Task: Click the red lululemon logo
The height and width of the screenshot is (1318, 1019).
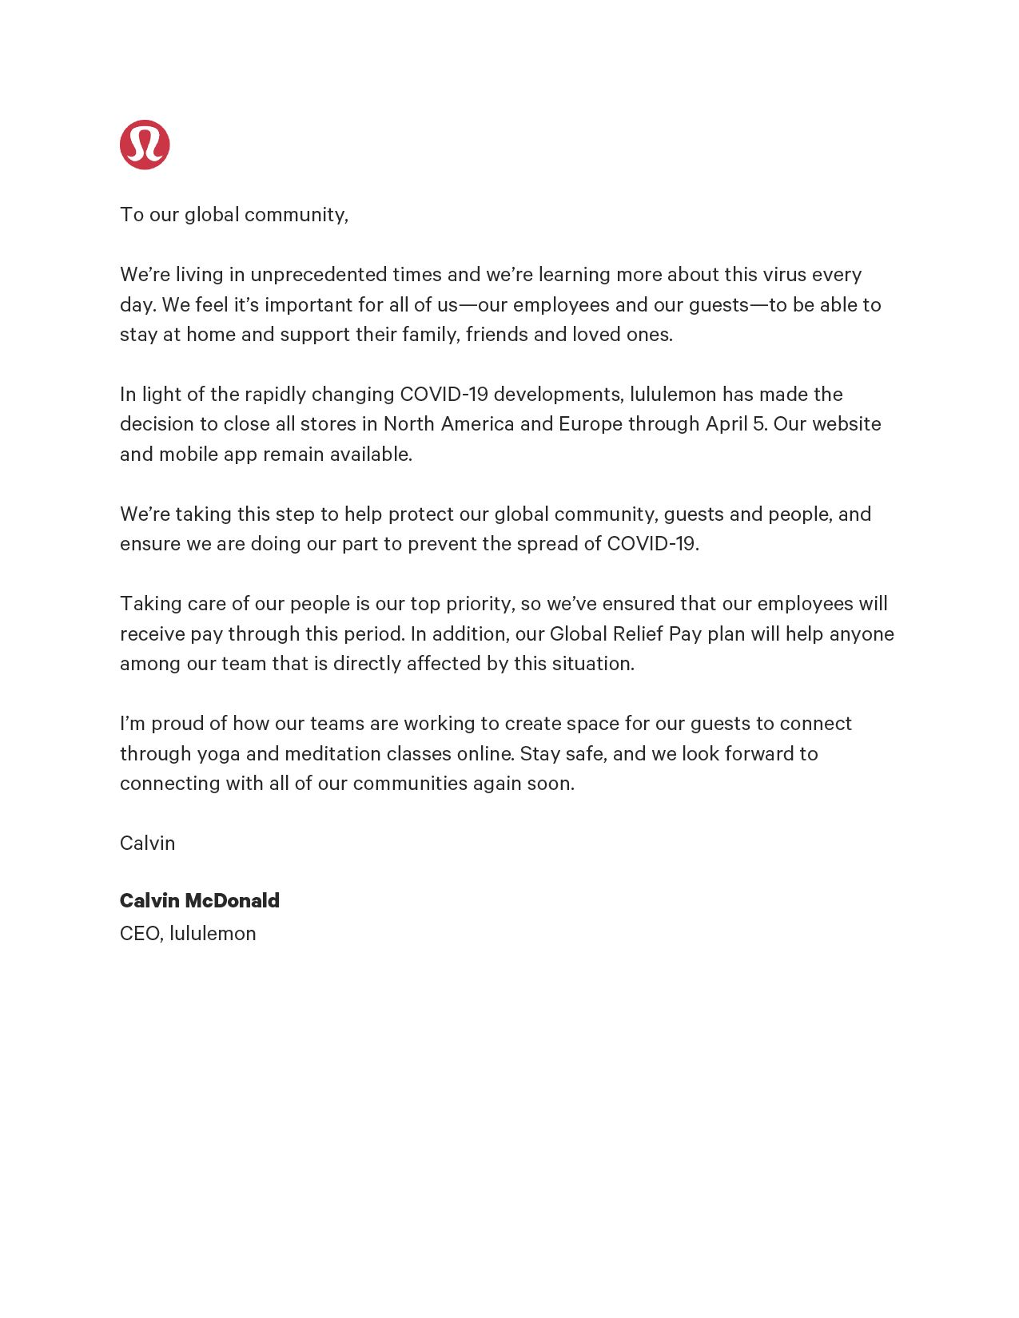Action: coord(145,145)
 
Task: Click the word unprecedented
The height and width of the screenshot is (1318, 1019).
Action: coord(318,275)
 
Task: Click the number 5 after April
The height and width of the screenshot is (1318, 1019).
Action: coord(758,424)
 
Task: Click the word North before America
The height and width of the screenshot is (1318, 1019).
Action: coord(408,424)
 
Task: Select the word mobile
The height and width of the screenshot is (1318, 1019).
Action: coord(188,455)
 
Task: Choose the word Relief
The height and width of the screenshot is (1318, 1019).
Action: coord(638,634)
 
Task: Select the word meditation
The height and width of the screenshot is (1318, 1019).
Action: coord(332,754)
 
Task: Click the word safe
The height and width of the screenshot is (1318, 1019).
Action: coord(584,754)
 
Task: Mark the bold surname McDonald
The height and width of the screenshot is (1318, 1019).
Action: coord(232,901)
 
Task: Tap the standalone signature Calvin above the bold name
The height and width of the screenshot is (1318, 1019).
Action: coord(147,844)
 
